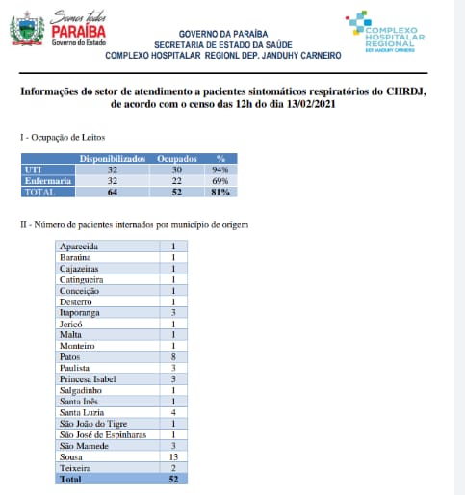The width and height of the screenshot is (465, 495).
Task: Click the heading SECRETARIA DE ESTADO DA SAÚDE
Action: (222, 43)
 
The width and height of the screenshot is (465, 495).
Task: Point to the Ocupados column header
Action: (177, 156)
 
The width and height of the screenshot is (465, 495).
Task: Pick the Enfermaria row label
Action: (45, 180)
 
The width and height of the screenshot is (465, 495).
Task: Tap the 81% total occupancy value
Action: (220, 193)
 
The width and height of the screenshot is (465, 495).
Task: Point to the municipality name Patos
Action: (72, 355)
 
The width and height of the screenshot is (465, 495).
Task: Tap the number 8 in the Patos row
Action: (172, 355)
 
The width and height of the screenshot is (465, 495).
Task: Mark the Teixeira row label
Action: (77, 467)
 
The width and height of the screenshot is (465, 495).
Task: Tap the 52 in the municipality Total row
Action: (172, 479)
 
